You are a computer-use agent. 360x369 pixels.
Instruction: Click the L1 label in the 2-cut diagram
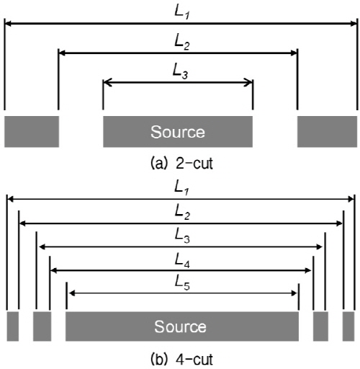[x=181, y=12]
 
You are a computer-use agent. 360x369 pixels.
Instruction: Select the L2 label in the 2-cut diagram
[x=182, y=42]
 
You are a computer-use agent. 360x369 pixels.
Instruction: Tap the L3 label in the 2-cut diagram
[x=180, y=71]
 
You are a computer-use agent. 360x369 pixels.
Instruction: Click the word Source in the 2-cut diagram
[x=178, y=132]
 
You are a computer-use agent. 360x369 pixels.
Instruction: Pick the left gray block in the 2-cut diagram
[x=32, y=131]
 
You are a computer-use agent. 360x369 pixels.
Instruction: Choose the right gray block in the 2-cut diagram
[x=328, y=131]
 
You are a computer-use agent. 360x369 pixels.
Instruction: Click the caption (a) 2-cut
[x=181, y=164]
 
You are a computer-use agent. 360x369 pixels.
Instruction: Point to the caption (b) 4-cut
[x=181, y=360]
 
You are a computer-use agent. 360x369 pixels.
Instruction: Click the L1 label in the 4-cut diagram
[x=181, y=187]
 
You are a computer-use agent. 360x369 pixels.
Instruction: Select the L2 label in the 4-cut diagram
[x=182, y=212]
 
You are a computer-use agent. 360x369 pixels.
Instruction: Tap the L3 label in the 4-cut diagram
[x=182, y=236]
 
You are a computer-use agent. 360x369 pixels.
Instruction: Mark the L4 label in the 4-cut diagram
[x=182, y=260]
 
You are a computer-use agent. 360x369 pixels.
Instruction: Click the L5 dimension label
[x=182, y=283]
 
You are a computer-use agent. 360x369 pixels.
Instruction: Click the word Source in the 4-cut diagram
[x=180, y=326]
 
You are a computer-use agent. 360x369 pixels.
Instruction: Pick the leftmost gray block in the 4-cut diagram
[x=13, y=326]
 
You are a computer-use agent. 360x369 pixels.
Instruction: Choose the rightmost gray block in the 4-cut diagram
[x=348, y=326]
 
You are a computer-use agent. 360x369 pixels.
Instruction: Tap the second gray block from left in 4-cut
[x=42, y=326]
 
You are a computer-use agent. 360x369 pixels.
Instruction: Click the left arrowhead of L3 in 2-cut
[x=107, y=82]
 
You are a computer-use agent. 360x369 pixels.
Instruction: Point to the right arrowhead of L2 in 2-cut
[x=294, y=53]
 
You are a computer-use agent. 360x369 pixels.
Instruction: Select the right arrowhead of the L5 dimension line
[x=294, y=293]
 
